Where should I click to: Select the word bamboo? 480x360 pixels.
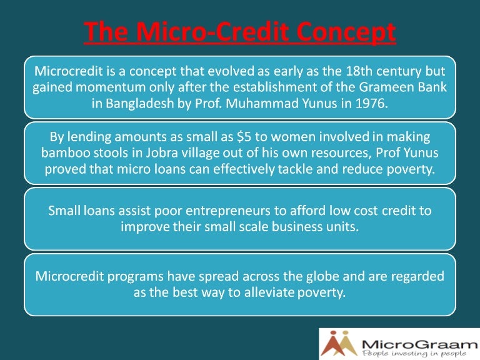pos(63,153)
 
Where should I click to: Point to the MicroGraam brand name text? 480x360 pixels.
pos(416,342)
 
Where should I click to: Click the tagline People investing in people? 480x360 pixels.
pos(414,354)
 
